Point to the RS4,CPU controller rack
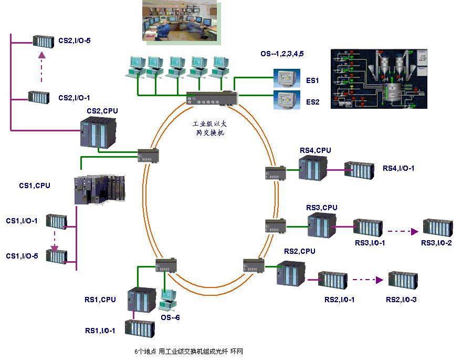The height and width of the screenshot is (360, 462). click(x=313, y=168)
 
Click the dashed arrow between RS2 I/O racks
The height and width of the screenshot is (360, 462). click(x=367, y=281)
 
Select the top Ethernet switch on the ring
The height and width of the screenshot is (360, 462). click(x=213, y=98)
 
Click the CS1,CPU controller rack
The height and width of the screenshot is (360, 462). click(x=100, y=189)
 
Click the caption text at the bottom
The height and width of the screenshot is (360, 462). click(x=189, y=351)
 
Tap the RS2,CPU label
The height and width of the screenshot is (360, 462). click(x=299, y=252)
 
